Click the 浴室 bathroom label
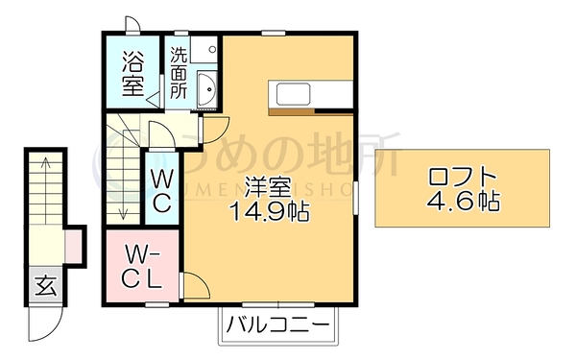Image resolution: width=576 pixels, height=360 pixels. [x=132, y=74]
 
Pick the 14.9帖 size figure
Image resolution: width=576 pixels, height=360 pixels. [x=269, y=211]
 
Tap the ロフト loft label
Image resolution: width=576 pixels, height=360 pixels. [x=463, y=177]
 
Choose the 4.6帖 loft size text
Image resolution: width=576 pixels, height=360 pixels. [x=463, y=201]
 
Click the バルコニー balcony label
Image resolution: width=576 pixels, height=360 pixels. [x=277, y=324]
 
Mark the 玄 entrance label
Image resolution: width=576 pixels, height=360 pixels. [x=46, y=286]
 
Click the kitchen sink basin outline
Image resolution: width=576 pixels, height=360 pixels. [x=293, y=94]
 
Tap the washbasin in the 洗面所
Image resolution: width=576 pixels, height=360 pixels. [x=207, y=88]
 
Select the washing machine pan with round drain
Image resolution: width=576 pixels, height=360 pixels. [x=204, y=49]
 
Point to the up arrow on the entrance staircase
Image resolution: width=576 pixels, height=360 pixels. [x=45, y=190]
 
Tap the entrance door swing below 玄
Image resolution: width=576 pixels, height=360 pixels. [x=46, y=324]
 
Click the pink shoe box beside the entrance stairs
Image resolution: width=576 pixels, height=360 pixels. [x=74, y=245]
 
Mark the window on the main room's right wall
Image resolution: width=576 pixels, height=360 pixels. [x=355, y=197]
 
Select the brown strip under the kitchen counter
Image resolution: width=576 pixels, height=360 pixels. [x=291, y=111]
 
